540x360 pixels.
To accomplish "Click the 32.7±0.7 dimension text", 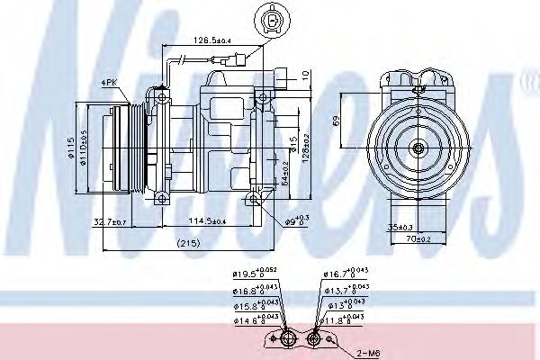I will [x=111, y=221].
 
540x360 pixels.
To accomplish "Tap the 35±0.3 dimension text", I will [x=402, y=228].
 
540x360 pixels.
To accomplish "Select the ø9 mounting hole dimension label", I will [x=296, y=219].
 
